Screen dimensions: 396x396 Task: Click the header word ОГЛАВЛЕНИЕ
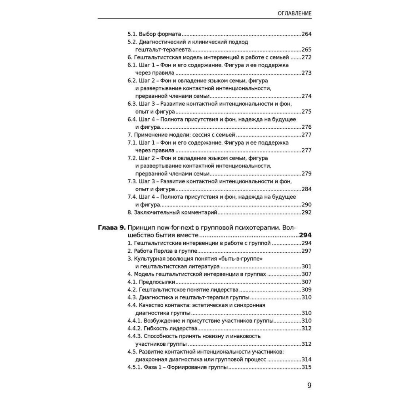click(x=289, y=13)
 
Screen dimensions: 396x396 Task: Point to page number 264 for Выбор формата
click(x=307, y=34)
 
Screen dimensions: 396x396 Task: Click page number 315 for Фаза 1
click(x=307, y=367)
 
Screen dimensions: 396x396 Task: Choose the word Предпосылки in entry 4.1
click(x=157, y=282)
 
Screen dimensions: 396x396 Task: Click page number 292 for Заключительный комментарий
click(x=307, y=213)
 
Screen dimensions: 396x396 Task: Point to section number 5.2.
click(x=132, y=42)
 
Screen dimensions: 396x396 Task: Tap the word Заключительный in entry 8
click(x=156, y=213)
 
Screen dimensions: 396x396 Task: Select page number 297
click(x=307, y=251)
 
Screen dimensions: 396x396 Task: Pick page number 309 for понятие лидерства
click(x=307, y=289)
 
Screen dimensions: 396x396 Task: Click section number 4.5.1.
click(x=136, y=367)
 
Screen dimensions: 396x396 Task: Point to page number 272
click(x=307, y=57)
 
